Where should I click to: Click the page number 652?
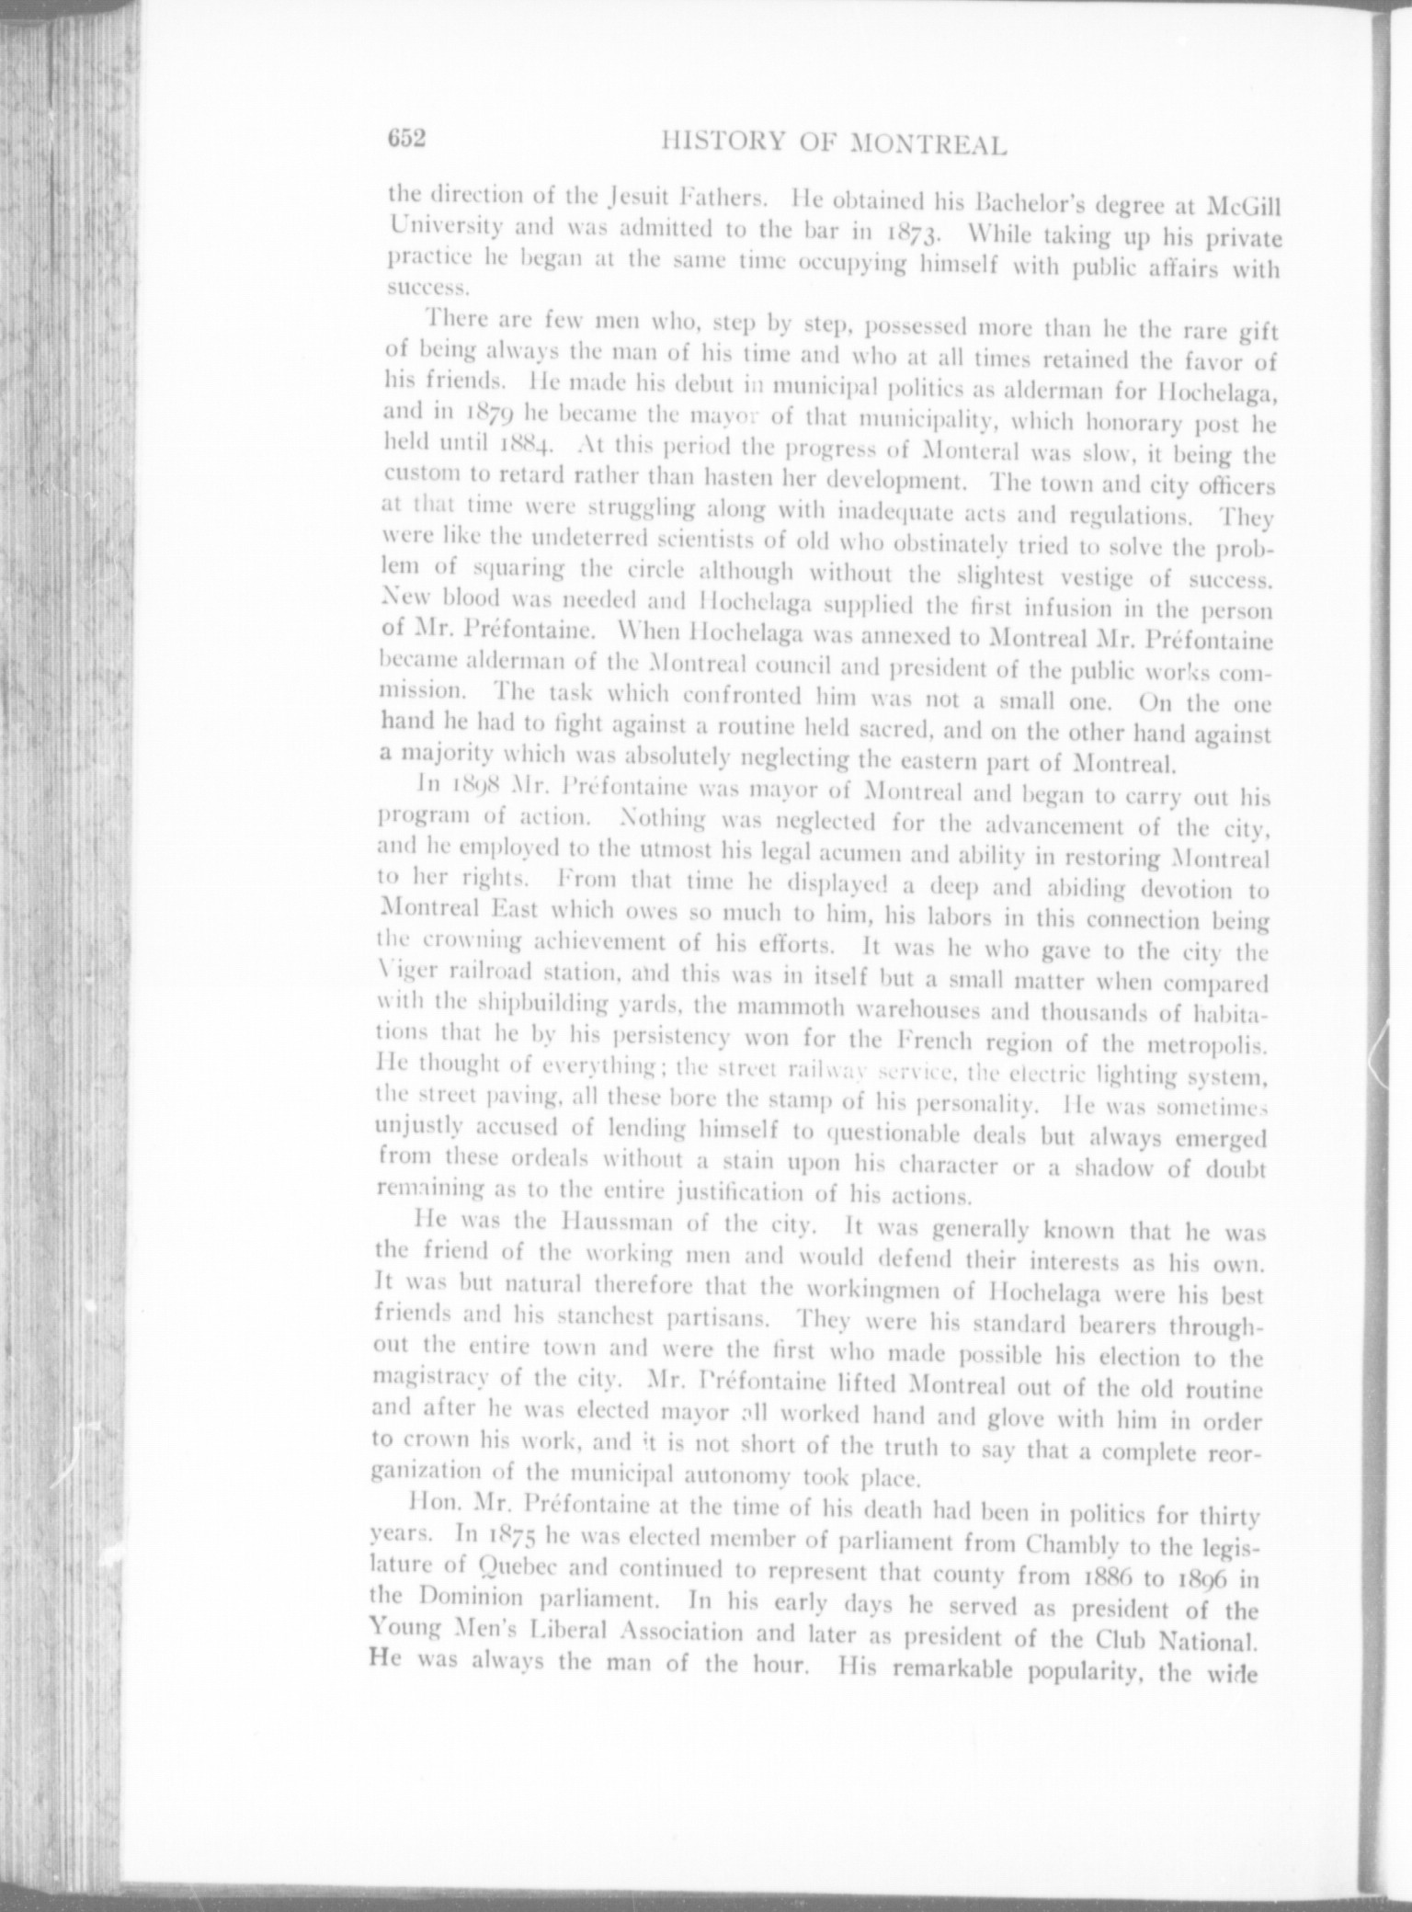[x=405, y=138]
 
